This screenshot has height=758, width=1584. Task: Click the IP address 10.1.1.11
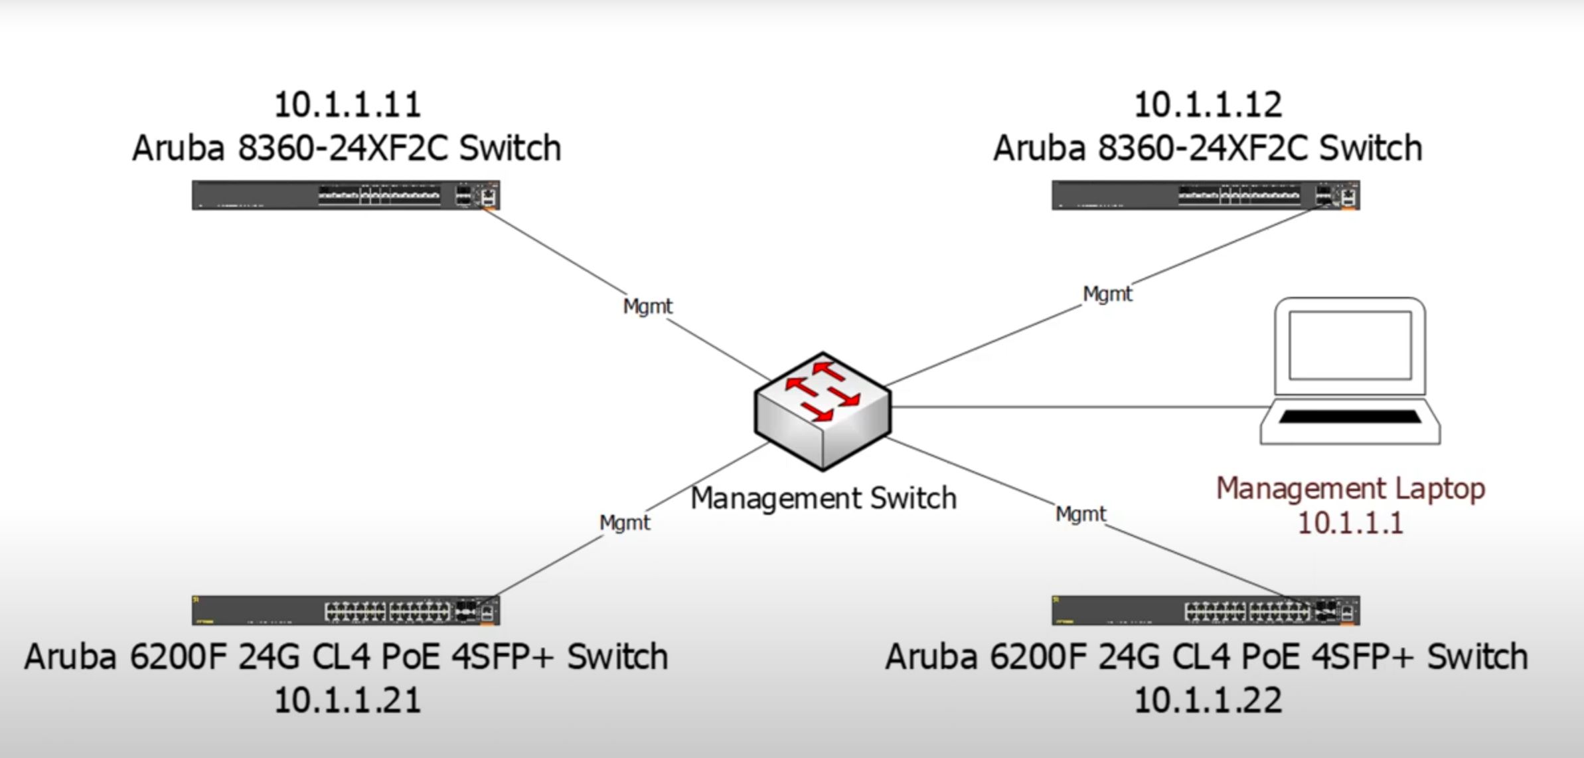click(347, 105)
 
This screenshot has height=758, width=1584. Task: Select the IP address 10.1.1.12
click(1208, 105)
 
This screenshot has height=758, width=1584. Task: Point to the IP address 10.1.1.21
click(347, 700)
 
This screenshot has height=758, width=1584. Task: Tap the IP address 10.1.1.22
click(1208, 700)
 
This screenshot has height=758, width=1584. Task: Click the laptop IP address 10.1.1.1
click(1350, 523)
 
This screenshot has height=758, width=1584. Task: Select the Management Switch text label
click(823, 498)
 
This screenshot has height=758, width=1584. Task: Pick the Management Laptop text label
click(1350, 489)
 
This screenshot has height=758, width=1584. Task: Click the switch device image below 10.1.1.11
click(346, 195)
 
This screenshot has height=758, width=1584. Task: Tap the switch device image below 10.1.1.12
click(1206, 195)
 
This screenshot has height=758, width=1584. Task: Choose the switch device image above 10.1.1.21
click(346, 610)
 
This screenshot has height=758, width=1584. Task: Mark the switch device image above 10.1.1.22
click(1206, 610)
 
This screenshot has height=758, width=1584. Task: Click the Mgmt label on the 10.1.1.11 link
click(647, 306)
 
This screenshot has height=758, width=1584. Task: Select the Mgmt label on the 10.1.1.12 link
click(1107, 294)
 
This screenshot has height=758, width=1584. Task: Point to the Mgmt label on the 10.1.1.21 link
click(624, 523)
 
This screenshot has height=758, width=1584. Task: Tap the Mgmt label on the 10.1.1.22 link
click(1081, 514)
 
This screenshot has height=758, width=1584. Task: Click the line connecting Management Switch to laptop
click(1075, 407)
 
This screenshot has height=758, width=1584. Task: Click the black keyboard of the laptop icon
click(1350, 417)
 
